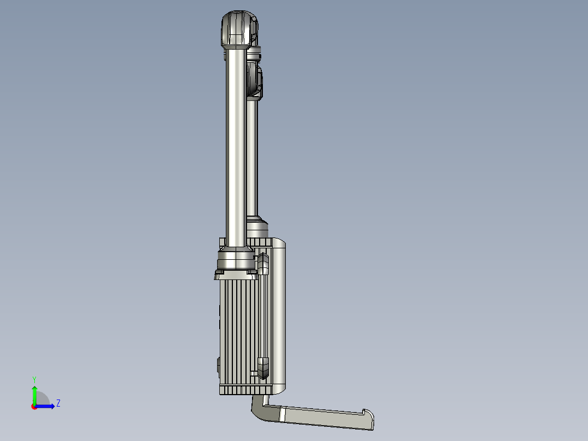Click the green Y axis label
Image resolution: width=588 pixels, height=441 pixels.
pyautogui.click(x=34, y=379)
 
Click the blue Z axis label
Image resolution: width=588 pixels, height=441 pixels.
pyautogui.click(x=58, y=403)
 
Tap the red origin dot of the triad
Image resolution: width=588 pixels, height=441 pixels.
pyautogui.click(x=34, y=407)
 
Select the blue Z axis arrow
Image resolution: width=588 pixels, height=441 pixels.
pyautogui.click(x=45, y=406)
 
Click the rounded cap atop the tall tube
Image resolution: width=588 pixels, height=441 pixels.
pyautogui.click(x=239, y=29)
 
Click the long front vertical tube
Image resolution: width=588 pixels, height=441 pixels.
pyautogui.click(x=236, y=148)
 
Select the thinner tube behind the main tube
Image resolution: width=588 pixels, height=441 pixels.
pyautogui.click(x=252, y=158)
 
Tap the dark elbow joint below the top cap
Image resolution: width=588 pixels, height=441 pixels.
pyautogui.click(x=255, y=81)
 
